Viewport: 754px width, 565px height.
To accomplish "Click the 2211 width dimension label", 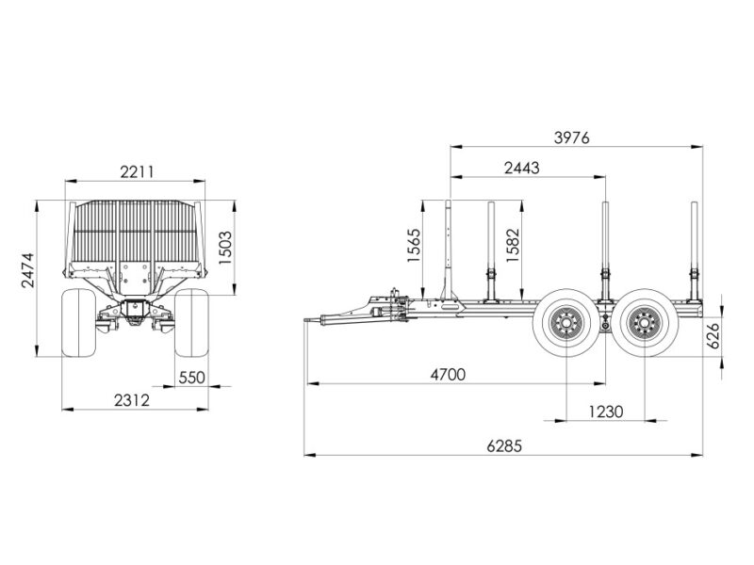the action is tap(137, 171).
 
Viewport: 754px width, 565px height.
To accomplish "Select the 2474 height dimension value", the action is tap(28, 270).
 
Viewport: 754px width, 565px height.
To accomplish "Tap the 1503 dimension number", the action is tap(225, 248).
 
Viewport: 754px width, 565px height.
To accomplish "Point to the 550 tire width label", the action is tap(192, 378).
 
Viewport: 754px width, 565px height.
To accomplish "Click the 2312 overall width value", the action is tap(132, 399).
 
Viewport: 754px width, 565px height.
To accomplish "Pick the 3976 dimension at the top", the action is tap(571, 137).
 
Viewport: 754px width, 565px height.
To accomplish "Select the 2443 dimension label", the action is tap(522, 169).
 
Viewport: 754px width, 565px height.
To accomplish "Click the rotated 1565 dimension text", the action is tap(414, 245).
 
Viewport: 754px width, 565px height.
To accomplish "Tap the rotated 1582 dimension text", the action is tap(513, 245).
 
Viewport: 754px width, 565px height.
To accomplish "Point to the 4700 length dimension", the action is tap(449, 374).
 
